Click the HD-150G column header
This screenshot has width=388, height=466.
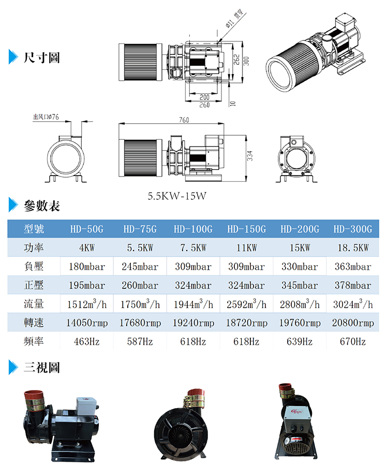click(246, 229)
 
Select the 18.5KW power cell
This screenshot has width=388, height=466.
click(353, 248)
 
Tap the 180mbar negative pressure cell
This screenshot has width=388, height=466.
click(87, 267)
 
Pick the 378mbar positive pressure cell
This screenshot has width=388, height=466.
click(353, 285)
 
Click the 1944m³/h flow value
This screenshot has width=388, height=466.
click(193, 304)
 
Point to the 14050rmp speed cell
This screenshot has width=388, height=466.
click(87, 323)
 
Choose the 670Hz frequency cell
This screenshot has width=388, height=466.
click(353, 342)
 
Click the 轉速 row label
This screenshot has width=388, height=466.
click(34, 323)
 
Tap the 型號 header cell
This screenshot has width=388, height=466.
click(34, 229)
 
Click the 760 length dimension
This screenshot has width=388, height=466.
click(184, 120)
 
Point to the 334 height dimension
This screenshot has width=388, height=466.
click(250, 156)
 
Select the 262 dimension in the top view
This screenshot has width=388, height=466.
click(236, 60)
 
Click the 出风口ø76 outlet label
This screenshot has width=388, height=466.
click(46, 117)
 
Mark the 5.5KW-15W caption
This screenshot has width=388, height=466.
click(177, 196)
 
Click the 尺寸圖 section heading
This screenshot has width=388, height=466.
click(42, 57)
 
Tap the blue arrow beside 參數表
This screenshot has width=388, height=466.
click(13, 205)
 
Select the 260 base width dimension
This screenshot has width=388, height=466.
click(204, 105)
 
